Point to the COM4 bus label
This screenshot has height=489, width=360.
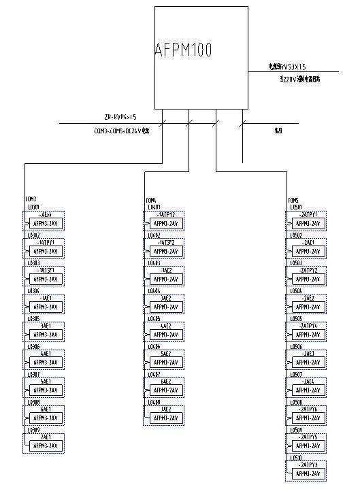(x=150, y=200)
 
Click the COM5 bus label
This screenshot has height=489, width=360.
(x=293, y=200)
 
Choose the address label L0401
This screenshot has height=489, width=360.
(x=153, y=207)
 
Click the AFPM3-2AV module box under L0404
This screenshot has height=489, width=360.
(x=165, y=307)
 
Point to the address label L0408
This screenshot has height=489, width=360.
(x=153, y=402)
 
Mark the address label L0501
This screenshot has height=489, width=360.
(x=297, y=207)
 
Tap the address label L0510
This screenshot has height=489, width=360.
(x=297, y=458)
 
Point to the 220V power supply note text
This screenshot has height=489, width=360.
(x=300, y=79)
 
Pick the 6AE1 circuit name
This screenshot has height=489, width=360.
(x=46, y=409)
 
